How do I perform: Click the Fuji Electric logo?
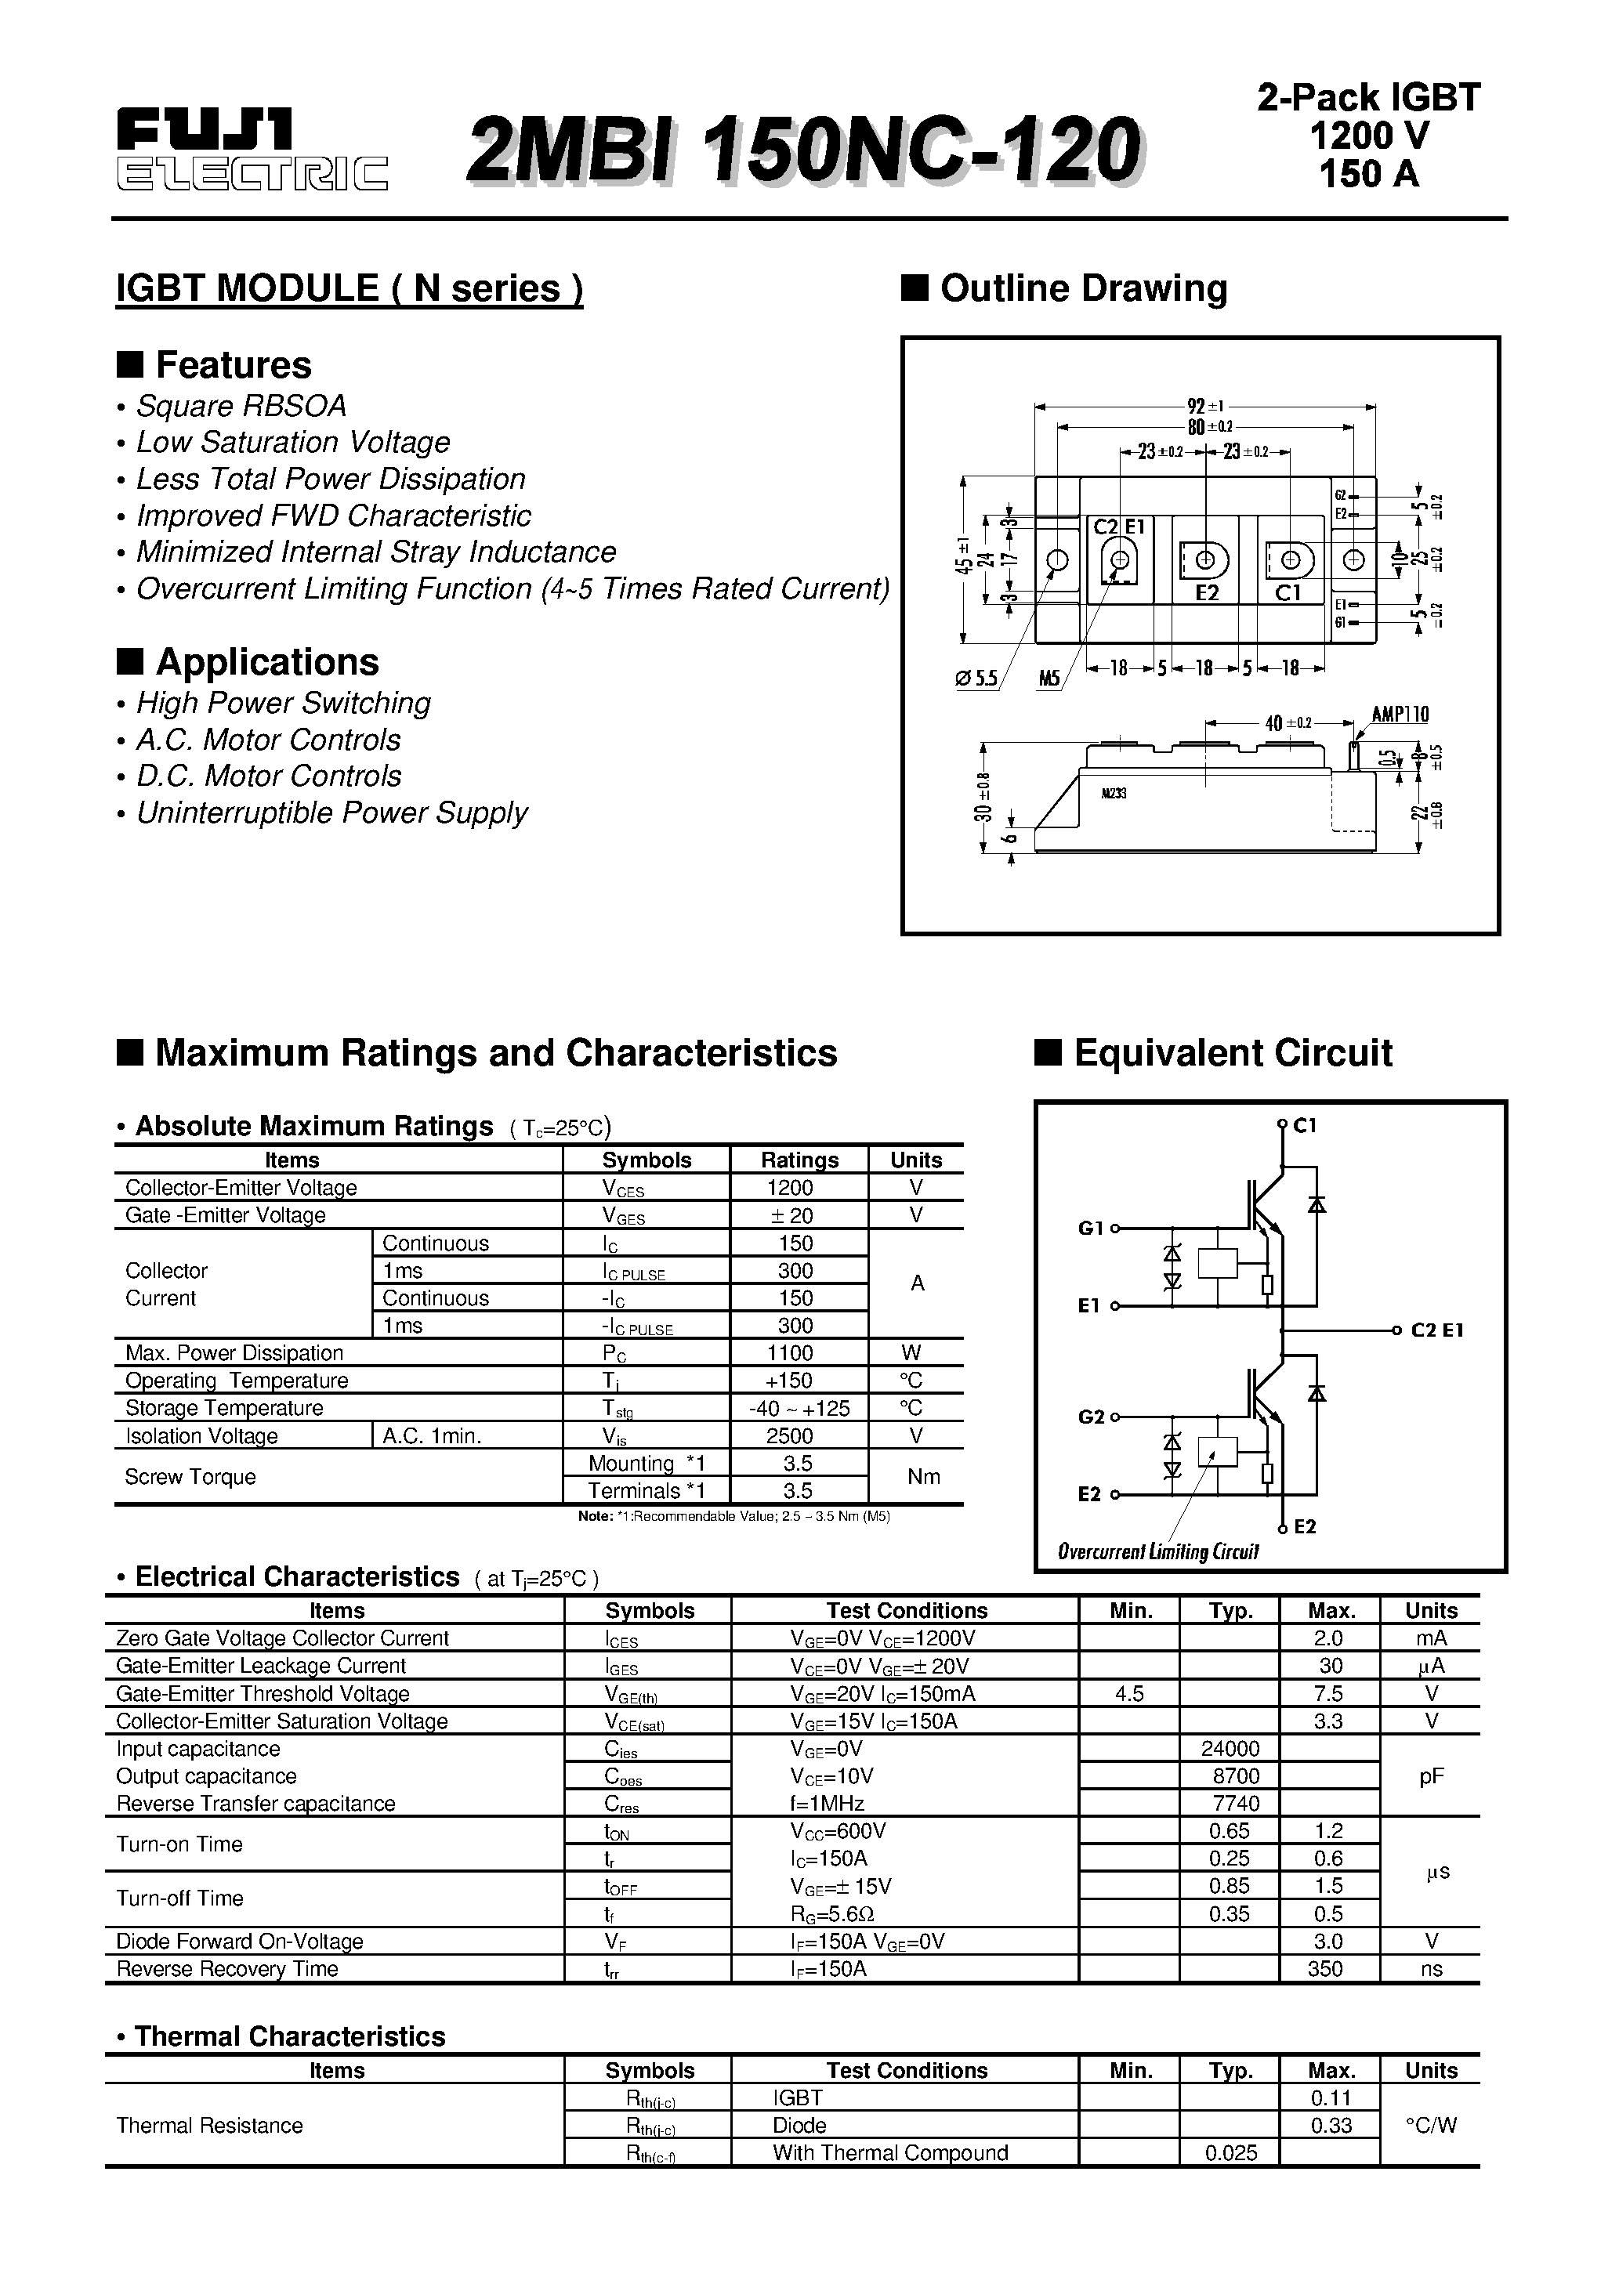coord(252,150)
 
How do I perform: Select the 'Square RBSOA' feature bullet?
coord(241,406)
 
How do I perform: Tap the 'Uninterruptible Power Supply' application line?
coord(331,813)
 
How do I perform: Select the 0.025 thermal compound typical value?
coord(1231,2153)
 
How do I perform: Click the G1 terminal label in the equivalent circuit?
coord(1091,1229)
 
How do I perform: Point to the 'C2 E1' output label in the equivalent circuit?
coord(1437,1330)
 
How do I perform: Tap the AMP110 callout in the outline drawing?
coord(1400,715)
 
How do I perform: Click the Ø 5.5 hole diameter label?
coord(976,679)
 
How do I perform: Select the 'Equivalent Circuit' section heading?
coord(1232,1053)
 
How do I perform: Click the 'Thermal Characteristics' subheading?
coord(289,2036)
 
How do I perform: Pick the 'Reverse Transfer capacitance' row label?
coord(255,1804)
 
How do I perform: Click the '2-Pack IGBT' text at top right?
coord(1368,97)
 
